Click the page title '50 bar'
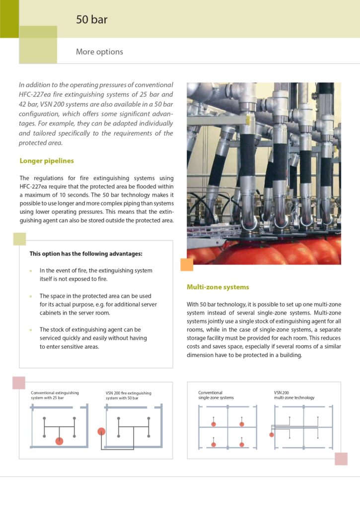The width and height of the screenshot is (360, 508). tap(91, 20)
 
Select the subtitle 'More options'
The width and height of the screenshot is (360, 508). tap(99, 52)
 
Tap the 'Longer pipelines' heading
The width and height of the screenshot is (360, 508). tap(47, 161)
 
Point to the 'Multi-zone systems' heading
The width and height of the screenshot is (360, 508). tap(217, 287)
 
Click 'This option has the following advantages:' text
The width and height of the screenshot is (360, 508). tap(86, 254)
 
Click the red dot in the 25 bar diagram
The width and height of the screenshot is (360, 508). tap(59, 441)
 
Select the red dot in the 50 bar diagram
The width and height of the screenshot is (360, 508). tap(101, 431)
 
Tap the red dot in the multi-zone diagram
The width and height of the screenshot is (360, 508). tap(271, 435)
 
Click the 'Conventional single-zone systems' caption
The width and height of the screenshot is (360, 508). tap(216, 395)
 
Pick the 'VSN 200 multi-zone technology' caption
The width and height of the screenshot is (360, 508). tap(294, 395)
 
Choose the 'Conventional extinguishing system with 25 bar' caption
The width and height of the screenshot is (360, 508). tap(55, 395)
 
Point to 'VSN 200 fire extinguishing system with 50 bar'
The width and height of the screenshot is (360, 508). tap(128, 395)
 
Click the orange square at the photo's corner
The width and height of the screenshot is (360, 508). tap(187, 264)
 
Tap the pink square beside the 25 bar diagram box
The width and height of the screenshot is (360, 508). tap(19, 382)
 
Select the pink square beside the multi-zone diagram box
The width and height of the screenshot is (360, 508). tap(341, 459)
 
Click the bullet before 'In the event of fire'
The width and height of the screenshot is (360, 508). tap(30, 271)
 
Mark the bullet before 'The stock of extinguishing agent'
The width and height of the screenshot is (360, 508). tap(30, 329)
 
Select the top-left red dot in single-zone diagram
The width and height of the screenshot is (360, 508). tap(214, 424)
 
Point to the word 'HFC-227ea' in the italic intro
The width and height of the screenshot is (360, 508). tap(35, 94)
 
